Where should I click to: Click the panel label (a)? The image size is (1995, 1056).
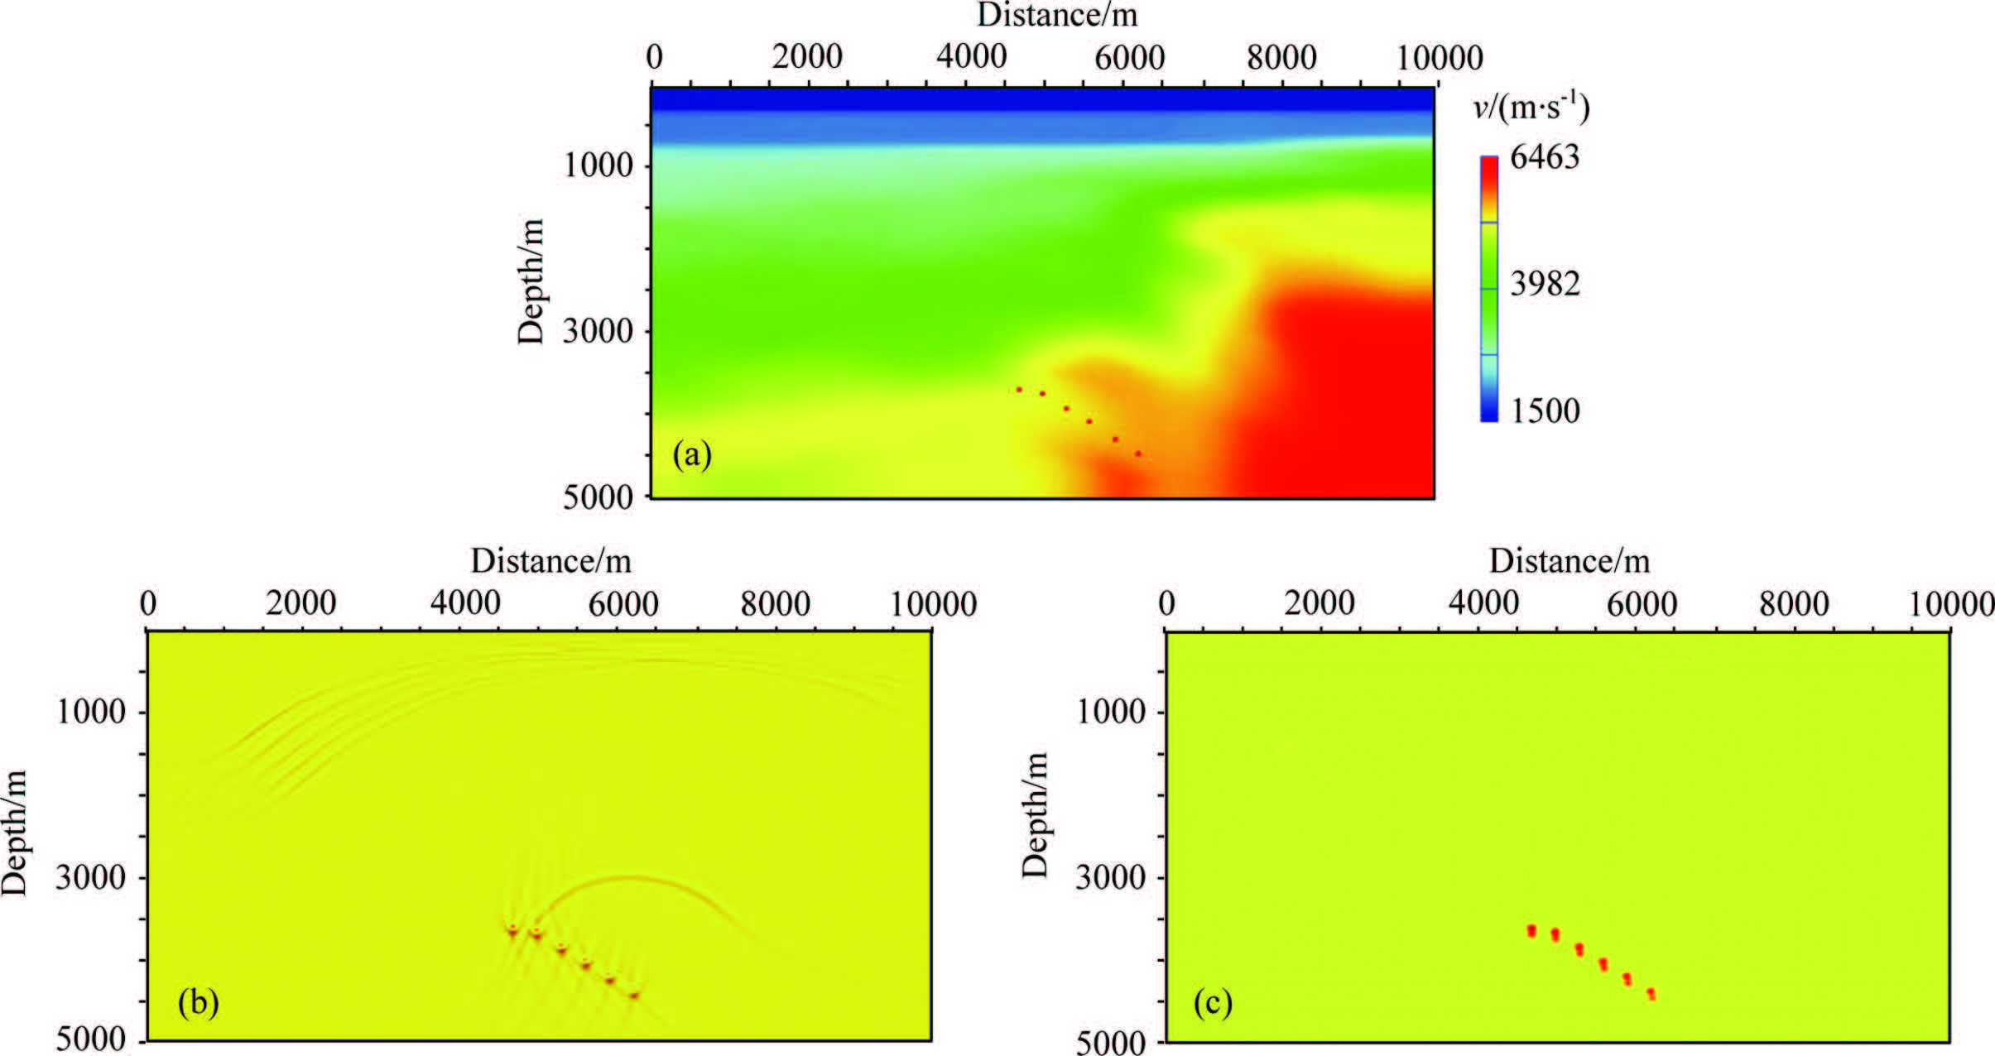(x=692, y=455)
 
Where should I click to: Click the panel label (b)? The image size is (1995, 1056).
(x=199, y=1003)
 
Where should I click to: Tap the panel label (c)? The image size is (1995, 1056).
(x=1213, y=1003)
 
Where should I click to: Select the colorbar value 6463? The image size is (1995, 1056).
(x=1545, y=157)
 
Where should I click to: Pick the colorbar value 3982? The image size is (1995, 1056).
(x=1545, y=284)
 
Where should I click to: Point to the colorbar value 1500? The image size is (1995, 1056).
(x=1545, y=411)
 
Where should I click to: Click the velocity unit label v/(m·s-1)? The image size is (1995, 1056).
(x=1531, y=108)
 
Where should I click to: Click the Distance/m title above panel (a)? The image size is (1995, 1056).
(x=1057, y=14)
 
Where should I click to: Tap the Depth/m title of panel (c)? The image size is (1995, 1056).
(x=1035, y=815)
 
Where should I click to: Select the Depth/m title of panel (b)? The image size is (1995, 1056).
(x=15, y=832)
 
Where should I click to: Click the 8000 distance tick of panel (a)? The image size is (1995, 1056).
(x=1281, y=58)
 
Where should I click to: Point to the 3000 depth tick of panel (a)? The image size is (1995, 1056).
(x=598, y=332)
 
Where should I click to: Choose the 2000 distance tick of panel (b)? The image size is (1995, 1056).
(x=300, y=604)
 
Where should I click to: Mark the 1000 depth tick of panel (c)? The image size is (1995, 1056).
(x=1110, y=712)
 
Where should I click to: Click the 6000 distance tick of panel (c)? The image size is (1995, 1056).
(x=1642, y=604)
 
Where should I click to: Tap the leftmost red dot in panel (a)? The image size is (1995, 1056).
(x=1019, y=389)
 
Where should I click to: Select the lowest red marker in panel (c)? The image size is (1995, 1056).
(x=1651, y=993)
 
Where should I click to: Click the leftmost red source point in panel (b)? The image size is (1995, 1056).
(x=512, y=930)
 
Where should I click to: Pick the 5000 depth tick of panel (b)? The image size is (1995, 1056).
(x=91, y=1040)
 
